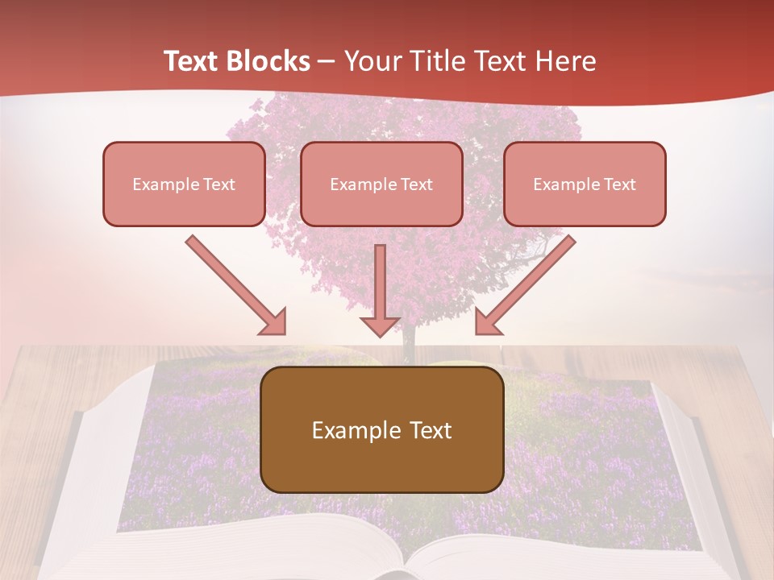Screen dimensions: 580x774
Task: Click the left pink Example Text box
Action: (x=184, y=184)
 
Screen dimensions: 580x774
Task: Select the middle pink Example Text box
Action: (x=381, y=184)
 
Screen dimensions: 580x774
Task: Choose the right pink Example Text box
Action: (x=585, y=184)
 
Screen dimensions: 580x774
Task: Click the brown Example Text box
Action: (x=381, y=429)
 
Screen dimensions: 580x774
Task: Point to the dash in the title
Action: (x=327, y=62)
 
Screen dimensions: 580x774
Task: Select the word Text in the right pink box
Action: (x=619, y=184)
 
